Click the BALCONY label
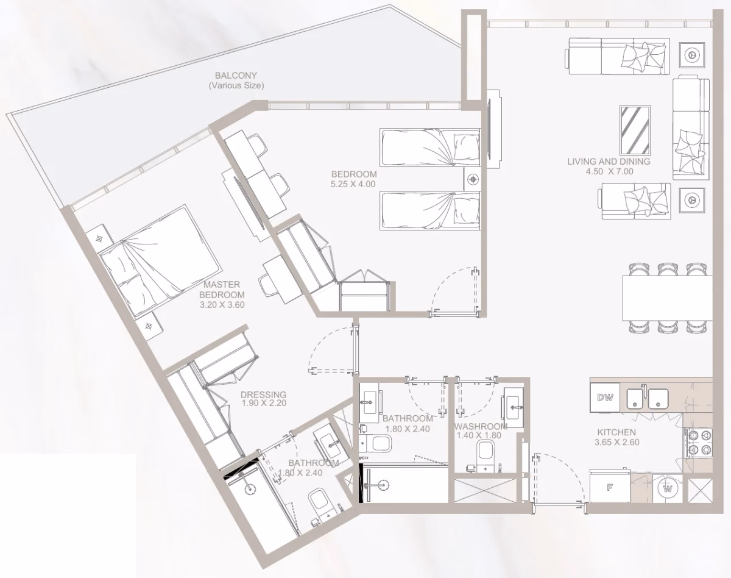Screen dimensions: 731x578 [x=236, y=76]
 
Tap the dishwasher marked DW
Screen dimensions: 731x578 [x=605, y=397]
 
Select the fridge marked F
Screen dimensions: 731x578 [x=610, y=488]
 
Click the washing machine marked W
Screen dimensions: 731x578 [x=668, y=489]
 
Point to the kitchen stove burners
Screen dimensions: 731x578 [x=699, y=443]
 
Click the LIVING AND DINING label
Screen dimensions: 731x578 [x=609, y=162]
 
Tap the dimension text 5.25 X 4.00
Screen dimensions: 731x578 [x=353, y=184]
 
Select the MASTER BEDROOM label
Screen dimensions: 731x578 [x=222, y=290]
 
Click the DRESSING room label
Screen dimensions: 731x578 [x=263, y=394]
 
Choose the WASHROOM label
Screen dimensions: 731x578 [x=480, y=426]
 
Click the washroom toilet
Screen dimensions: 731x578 [x=485, y=455]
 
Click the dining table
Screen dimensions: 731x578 [x=668, y=298]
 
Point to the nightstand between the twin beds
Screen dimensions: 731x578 [x=473, y=179]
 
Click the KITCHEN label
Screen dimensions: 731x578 [x=616, y=432]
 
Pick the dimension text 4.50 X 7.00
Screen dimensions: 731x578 [x=609, y=171]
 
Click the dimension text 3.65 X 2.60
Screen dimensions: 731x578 [x=617, y=442]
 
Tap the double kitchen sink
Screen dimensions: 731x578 [x=648, y=398]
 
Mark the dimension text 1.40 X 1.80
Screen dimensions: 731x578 [x=479, y=435]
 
